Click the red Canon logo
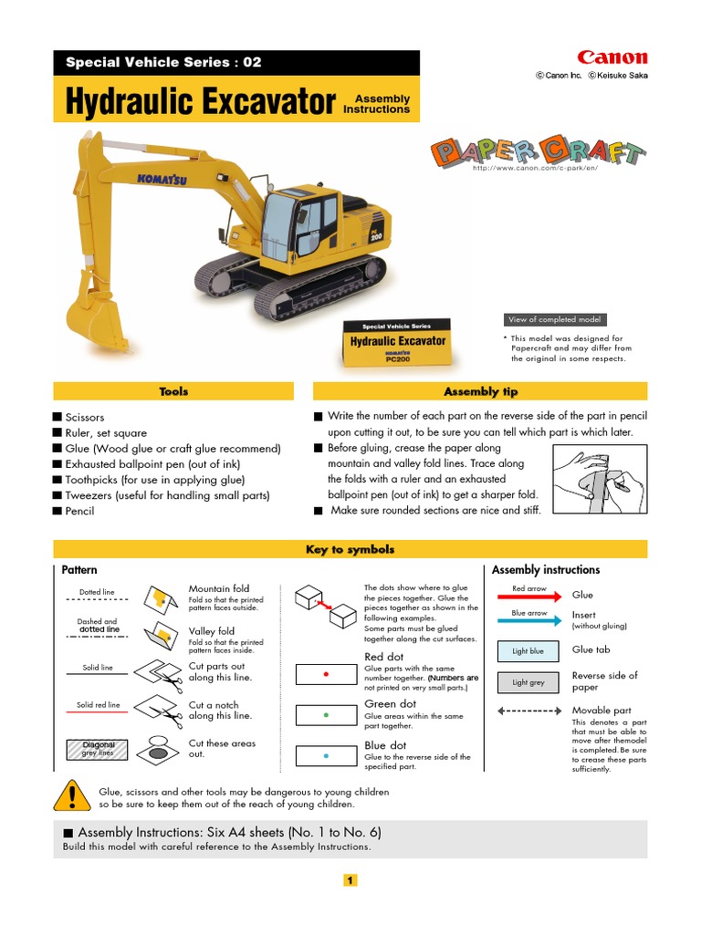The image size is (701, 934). coord(612,57)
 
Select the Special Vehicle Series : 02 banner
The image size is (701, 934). coord(164,63)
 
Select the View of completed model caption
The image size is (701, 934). coord(554,319)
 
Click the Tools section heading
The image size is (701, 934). coord(173,391)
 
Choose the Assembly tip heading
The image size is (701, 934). coord(480,391)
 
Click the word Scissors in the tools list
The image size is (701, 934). coord(85,418)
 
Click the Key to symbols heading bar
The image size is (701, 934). coord(350,549)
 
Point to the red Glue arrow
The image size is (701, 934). coord(529,596)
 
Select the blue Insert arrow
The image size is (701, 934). coord(529,619)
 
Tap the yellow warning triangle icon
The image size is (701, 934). coord(71,797)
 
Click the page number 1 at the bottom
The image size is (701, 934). coord(350,880)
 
